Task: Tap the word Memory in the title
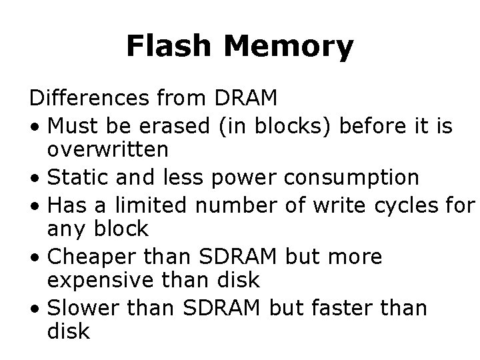pyautogui.click(x=289, y=47)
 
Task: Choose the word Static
pyautogui.click(x=79, y=177)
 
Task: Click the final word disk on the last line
pyautogui.click(x=68, y=332)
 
